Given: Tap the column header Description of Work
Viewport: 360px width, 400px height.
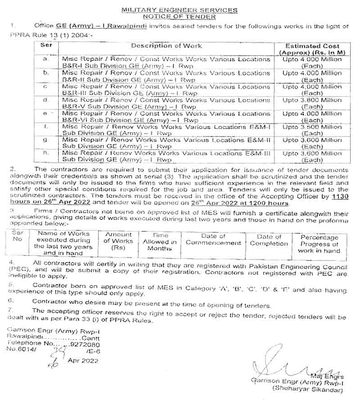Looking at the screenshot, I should (166, 46).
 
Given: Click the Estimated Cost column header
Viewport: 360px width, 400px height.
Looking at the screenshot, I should (312, 49).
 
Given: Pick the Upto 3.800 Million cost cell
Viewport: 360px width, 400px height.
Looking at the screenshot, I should (312, 103).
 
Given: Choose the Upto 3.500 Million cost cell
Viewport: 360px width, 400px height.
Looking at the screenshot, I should (312, 130).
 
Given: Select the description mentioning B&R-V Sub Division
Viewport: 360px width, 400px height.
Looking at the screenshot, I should (166, 103).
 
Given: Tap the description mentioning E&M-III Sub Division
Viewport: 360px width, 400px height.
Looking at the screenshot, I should (166, 156).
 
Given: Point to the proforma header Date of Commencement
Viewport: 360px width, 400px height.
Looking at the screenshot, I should (213, 239).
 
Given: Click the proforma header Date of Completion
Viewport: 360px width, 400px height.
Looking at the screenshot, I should (269, 240).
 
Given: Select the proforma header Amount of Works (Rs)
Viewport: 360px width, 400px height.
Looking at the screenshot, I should (119, 241).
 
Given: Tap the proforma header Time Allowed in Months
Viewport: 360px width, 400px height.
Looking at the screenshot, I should (159, 242).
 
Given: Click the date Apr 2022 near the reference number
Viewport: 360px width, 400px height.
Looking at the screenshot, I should (83, 360).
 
